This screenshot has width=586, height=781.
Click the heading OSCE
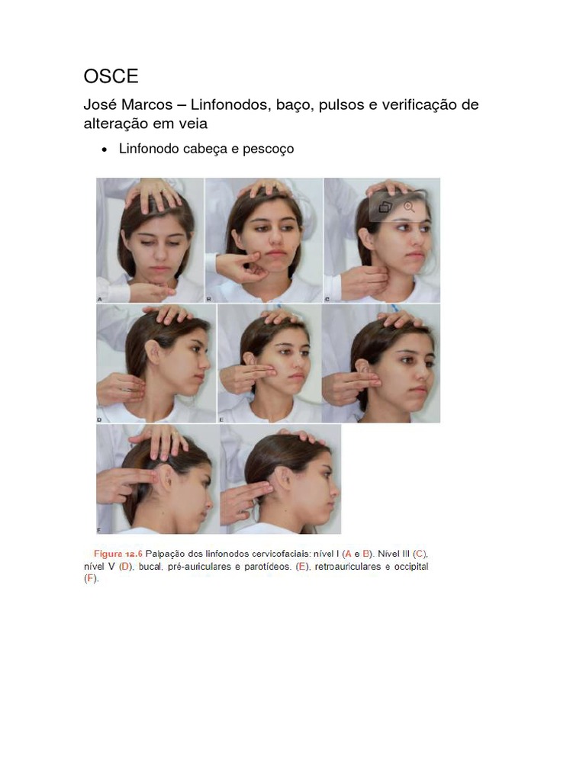[x=111, y=76]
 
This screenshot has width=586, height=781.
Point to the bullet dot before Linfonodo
[x=104, y=149]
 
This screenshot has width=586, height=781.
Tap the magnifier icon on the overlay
[x=409, y=207]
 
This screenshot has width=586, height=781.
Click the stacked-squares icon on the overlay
[x=385, y=207]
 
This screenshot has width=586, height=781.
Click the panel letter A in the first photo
[x=100, y=299]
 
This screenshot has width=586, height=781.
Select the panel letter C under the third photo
[x=327, y=299]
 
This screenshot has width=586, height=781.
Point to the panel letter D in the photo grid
[x=100, y=420]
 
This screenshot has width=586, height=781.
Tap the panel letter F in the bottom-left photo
[x=99, y=531]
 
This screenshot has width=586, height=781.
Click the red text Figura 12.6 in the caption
[x=118, y=554]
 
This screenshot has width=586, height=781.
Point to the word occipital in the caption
[x=411, y=567]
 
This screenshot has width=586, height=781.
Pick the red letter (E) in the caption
[x=301, y=567]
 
